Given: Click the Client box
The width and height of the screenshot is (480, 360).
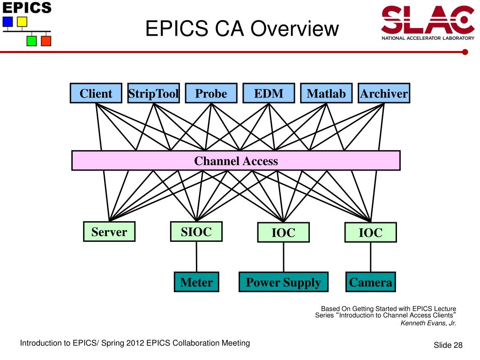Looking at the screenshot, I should [96, 93].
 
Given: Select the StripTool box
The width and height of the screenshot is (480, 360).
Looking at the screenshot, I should [154, 93].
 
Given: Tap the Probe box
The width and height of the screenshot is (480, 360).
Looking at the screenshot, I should [211, 93].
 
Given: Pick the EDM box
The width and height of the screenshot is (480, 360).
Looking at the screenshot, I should [269, 93].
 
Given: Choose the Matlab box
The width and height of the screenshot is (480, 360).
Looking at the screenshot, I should [326, 93].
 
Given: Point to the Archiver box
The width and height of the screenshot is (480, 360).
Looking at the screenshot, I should [384, 93].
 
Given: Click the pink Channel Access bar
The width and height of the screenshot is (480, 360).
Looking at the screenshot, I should [236, 161].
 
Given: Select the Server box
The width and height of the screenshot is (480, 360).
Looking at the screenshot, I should [109, 232].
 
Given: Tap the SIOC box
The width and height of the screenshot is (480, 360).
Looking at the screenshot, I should [196, 232].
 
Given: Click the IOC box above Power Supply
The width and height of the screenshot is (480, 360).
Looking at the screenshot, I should [283, 232].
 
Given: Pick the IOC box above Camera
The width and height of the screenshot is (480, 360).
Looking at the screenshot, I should [370, 232].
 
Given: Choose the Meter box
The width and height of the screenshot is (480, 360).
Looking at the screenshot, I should [196, 282].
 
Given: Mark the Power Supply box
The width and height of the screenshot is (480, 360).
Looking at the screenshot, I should [283, 282].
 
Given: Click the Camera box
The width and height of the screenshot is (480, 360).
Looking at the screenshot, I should [370, 282].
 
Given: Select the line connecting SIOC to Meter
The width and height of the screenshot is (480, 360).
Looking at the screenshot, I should [196, 257].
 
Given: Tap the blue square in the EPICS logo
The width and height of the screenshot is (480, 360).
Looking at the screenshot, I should [7, 22].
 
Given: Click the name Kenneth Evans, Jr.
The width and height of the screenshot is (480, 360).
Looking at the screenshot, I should [428, 323].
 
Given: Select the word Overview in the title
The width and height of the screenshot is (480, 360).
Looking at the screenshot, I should [294, 29].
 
